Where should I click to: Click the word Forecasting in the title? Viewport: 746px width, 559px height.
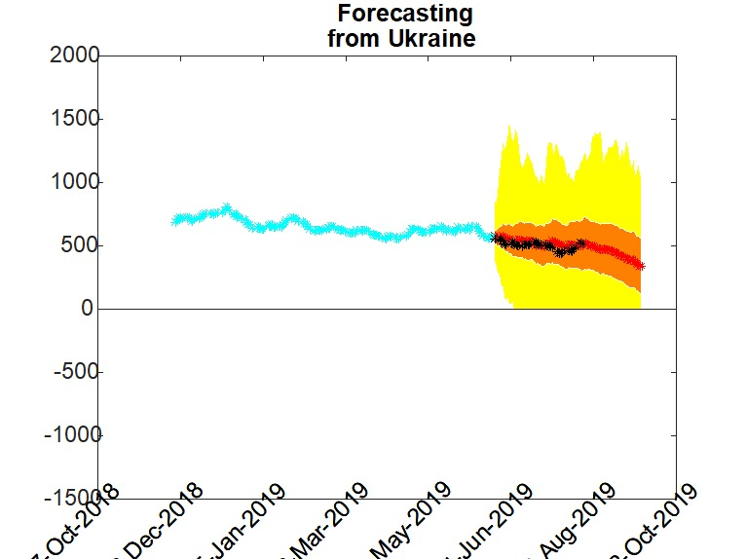[x=405, y=14]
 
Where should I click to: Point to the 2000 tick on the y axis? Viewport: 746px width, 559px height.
[x=73, y=56]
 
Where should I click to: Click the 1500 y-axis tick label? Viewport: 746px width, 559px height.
[x=73, y=119]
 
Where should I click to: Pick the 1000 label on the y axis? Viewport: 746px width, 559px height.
[x=73, y=182]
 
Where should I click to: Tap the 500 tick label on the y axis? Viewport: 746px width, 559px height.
[x=79, y=245]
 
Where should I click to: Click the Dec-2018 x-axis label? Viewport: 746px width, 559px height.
[x=157, y=526]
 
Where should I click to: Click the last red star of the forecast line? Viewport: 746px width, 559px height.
[x=640, y=266]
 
